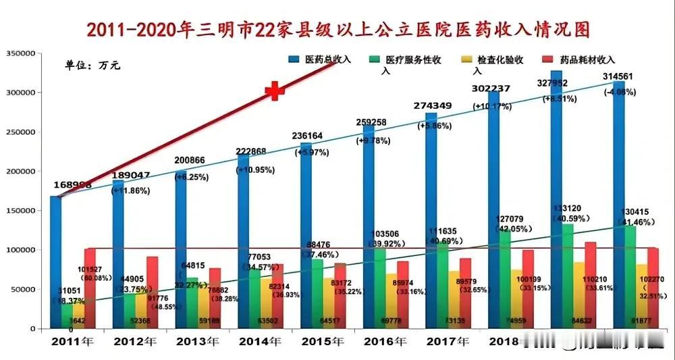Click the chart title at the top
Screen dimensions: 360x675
point(337,29)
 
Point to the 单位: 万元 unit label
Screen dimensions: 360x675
point(92,66)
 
